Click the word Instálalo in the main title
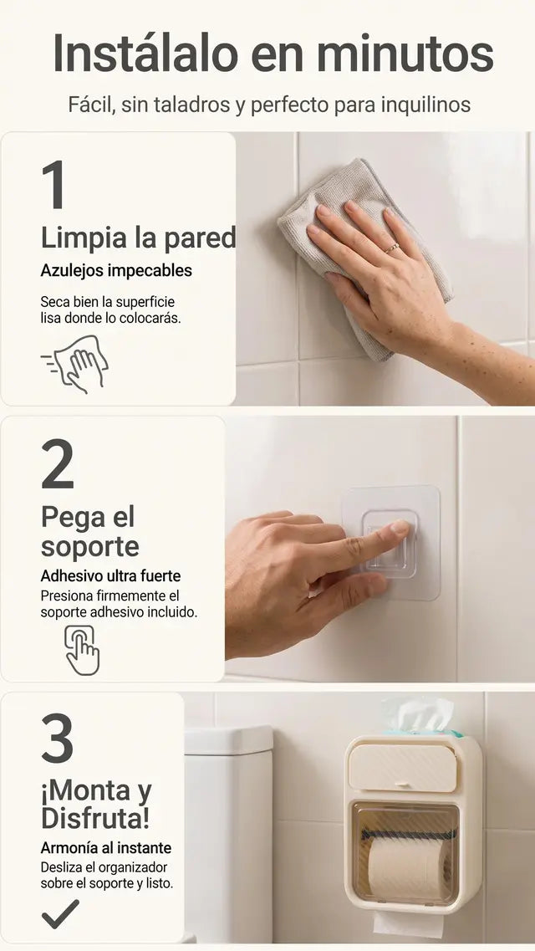click(145, 54)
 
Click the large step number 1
click(54, 184)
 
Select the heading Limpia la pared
click(138, 238)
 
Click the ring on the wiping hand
click(392, 248)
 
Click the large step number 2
click(58, 464)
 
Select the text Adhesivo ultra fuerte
click(111, 575)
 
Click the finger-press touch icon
click(82, 650)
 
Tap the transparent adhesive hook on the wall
click(390, 543)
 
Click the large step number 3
click(58, 738)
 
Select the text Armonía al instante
click(106, 847)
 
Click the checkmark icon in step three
click(60, 914)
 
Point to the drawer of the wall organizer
click(403, 767)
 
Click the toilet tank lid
click(228, 740)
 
